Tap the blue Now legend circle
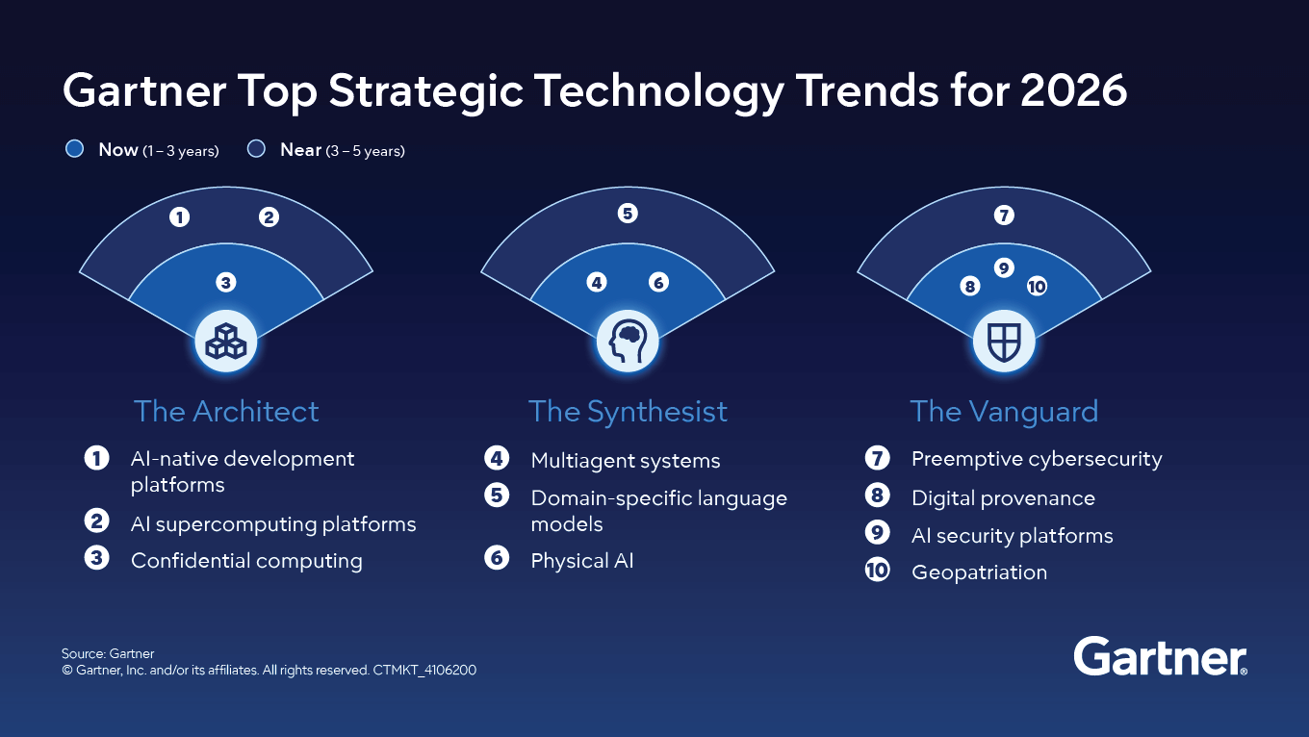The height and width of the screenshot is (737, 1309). (x=74, y=149)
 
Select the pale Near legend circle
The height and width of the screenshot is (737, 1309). (x=256, y=149)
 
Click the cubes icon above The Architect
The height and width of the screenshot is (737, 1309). (x=225, y=341)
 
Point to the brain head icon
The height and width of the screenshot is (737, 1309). (x=627, y=341)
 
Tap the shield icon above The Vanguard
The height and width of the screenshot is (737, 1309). (x=1004, y=341)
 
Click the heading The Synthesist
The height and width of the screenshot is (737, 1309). (x=628, y=412)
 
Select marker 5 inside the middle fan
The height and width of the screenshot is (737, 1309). (x=628, y=214)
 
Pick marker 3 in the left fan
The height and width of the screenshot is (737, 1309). (x=225, y=282)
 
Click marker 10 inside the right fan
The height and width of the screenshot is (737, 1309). (x=1037, y=286)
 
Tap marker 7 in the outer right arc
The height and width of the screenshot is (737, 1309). (x=1004, y=216)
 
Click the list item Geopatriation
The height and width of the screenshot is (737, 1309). (x=979, y=572)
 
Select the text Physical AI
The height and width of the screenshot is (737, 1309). (x=582, y=561)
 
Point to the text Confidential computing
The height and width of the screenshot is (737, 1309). (x=246, y=561)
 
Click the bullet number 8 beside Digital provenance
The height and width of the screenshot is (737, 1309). (x=877, y=496)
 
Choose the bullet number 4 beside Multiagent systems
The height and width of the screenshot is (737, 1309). (x=497, y=459)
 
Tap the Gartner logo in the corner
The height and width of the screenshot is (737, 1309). (x=1160, y=657)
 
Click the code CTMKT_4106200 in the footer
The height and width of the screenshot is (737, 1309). (x=424, y=670)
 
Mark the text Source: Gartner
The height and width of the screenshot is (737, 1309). (x=108, y=653)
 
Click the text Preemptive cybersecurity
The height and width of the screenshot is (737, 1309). (x=1037, y=459)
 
